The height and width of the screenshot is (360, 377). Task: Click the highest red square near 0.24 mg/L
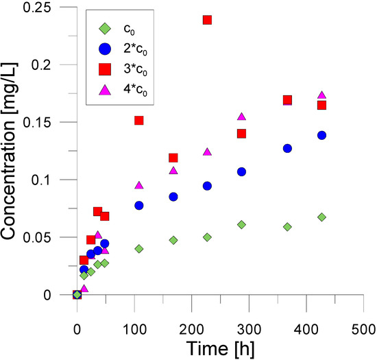point(207,20)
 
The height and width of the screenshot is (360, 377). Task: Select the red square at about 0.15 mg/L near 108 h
point(138,121)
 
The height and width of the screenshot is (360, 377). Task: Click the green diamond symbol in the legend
point(104,28)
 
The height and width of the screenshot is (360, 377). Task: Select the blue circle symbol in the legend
point(104,49)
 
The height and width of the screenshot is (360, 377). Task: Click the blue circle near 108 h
point(138,206)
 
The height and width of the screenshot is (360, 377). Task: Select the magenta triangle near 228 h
point(207,152)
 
